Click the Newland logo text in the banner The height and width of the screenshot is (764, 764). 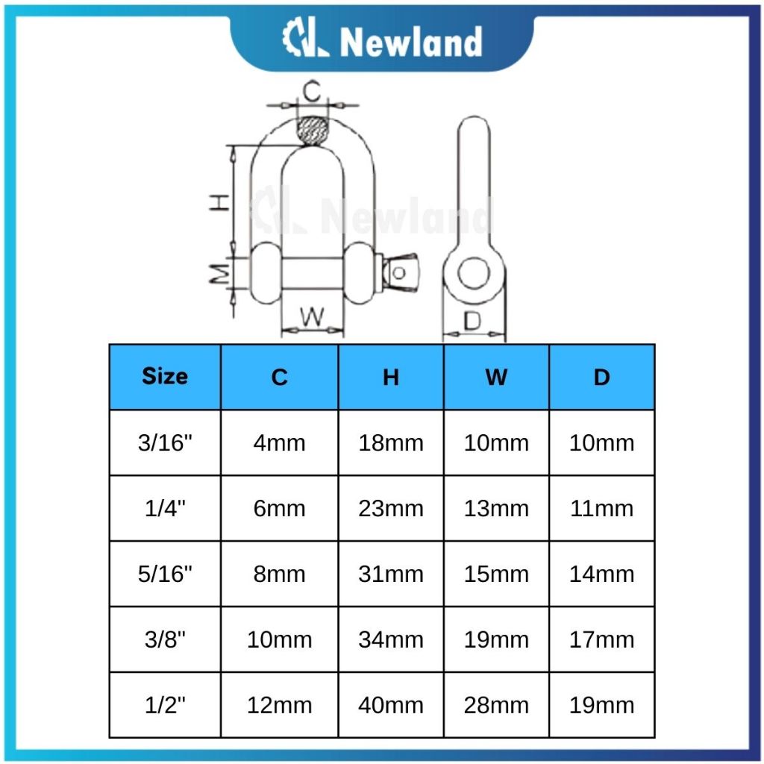(410, 43)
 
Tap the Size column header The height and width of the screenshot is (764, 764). (165, 376)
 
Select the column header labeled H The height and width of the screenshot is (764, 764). (391, 377)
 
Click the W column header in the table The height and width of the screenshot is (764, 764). (496, 377)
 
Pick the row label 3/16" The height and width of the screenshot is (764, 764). (165, 442)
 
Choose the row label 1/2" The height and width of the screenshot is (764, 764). (165, 705)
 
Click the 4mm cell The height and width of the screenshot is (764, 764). (279, 442)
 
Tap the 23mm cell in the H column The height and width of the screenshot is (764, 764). (391, 508)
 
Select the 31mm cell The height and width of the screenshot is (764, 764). (391, 574)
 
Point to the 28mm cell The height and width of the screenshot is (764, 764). (496, 705)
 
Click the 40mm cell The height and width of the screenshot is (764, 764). (391, 705)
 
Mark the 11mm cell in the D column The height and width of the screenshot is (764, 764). (601, 508)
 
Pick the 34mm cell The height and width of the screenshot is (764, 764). (391, 639)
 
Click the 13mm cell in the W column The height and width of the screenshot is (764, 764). (496, 508)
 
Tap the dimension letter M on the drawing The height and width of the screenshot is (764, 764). (219, 275)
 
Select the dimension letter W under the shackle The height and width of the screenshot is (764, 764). (313, 318)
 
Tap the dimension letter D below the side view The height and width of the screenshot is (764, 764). (472, 321)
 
